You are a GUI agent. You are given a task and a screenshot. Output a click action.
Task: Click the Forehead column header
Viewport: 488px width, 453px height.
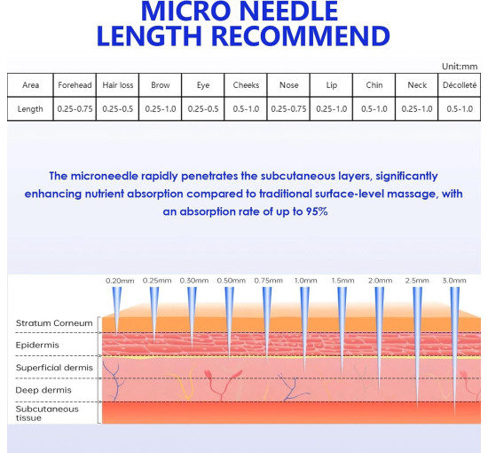(x=75, y=85)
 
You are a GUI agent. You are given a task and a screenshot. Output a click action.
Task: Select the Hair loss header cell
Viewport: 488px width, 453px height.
(x=118, y=85)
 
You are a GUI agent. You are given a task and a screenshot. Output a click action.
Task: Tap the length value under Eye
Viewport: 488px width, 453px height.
(x=203, y=109)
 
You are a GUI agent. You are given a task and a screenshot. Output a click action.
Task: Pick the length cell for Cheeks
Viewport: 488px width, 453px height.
(x=246, y=109)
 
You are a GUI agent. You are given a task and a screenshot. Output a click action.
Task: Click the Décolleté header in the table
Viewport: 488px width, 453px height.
(x=460, y=85)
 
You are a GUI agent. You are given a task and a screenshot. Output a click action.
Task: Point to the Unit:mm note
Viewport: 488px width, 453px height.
(x=460, y=67)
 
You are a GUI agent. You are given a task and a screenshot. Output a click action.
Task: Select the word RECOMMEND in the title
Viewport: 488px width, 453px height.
(x=301, y=36)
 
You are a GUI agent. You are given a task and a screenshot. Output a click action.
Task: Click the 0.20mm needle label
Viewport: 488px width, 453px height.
(x=120, y=281)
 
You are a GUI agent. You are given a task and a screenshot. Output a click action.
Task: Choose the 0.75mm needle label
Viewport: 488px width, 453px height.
(x=268, y=281)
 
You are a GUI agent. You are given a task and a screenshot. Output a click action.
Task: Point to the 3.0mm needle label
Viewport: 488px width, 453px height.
(x=454, y=281)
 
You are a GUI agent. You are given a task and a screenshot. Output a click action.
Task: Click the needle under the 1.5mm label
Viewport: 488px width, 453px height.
(x=342, y=330)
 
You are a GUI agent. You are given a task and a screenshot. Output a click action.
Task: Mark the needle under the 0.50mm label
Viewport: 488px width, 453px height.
(x=230, y=322)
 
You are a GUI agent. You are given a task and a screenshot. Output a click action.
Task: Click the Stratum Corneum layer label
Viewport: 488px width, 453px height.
(x=54, y=323)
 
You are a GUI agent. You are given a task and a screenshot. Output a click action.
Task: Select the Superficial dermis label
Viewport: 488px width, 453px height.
(x=54, y=368)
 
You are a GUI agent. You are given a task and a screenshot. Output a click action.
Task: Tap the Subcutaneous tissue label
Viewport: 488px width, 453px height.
(x=47, y=413)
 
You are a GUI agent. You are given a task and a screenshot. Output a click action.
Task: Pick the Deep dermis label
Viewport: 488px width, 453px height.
(x=43, y=390)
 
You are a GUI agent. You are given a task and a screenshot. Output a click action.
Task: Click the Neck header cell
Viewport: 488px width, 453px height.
(x=417, y=85)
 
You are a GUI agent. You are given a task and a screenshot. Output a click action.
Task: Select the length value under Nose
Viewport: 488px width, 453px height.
(x=288, y=109)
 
